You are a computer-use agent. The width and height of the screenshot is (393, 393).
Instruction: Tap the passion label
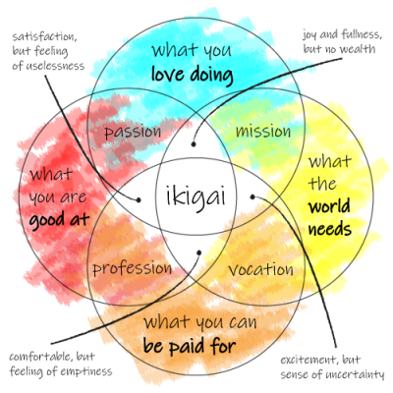click(x=133, y=133)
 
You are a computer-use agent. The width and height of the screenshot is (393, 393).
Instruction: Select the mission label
click(x=263, y=132)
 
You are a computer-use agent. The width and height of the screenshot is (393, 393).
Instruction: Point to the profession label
click(x=132, y=269)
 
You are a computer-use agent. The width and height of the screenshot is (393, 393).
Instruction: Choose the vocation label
click(x=260, y=269)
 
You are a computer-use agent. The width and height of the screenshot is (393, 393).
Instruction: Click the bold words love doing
click(x=193, y=75)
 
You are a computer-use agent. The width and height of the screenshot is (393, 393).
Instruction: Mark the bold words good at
click(x=59, y=220)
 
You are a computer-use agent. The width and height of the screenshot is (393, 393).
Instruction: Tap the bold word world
click(x=329, y=206)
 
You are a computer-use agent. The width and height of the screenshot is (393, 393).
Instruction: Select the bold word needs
click(x=330, y=229)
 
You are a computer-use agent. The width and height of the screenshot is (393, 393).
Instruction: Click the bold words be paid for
click(x=190, y=346)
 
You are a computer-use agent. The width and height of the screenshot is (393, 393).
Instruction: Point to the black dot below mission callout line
click(x=194, y=144)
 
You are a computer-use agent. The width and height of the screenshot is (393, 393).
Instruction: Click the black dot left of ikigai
click(x=139, y=199)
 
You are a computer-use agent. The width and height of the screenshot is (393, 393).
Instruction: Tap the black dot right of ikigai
click(x=253, y=196)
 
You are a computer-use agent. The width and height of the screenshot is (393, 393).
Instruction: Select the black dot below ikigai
click(x=198, y=253)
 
